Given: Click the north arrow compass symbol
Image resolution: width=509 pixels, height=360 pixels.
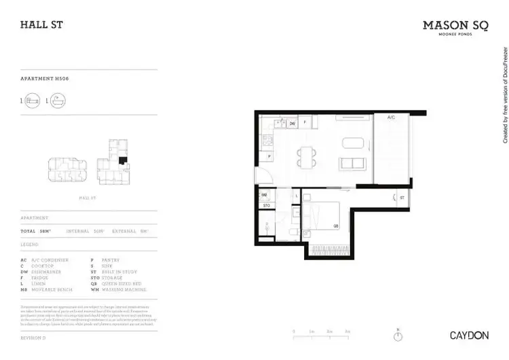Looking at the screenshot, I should point(398,336).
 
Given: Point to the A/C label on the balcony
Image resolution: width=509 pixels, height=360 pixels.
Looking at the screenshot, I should point(391,118).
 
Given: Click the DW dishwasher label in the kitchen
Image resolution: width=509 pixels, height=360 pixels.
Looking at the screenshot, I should point(292,124).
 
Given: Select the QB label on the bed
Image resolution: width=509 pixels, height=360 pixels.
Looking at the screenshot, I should point(335,226).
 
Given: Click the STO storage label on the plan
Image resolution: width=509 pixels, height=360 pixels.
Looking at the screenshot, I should point(267,204).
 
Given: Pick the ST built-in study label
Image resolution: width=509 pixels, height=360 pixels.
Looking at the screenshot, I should point(402,198).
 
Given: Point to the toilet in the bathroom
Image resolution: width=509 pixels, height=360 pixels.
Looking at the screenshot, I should point(290,233).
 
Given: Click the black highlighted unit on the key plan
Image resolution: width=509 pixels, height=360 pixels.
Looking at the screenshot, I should point(122,162).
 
